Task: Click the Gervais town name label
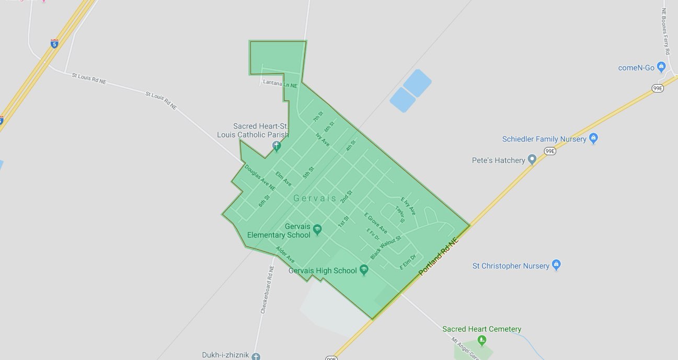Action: [x=315, y=199]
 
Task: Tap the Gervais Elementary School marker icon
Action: [x=317, y=229]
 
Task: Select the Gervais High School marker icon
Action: [x=364, y=270]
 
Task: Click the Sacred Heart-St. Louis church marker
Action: [x=277, y=146]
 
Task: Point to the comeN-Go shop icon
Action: [x=661, y=67]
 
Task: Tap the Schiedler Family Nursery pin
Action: [x=593, y=138]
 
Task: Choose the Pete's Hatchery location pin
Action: [x=532, y=159]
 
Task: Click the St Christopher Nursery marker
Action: [x=556, y=265]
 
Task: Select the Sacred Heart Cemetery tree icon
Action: [x=482, y=340]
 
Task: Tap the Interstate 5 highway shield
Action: [x=54, y=43]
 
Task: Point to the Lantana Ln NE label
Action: [x=280, y=84]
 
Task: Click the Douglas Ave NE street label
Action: [x=259, y=177]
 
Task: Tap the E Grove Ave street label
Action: [x=376, y=223]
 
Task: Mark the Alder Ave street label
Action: [x=285, y=254]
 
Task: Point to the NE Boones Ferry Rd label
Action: [x=665, y=31]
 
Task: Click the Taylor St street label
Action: [x=400, y=214]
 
